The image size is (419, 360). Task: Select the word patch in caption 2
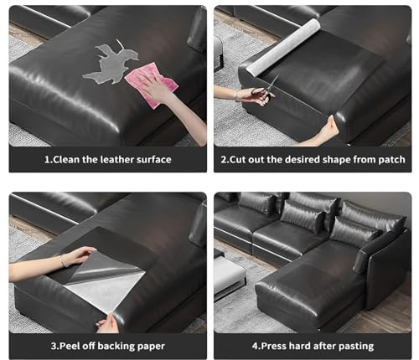pyautogui.click(x=391, y=159)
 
